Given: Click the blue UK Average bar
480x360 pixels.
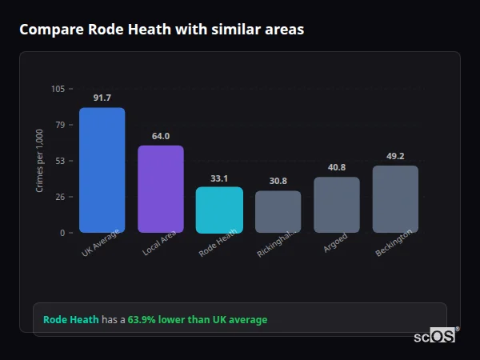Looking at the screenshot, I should pyautogui.click(x=102, y=170).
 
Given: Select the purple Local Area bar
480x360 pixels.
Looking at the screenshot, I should pyautogui.click(x=161, y=189).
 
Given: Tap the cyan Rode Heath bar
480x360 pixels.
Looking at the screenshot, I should pyautogui.click(x=219, y=210).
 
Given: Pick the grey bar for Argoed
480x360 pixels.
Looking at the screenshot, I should pyautogui.click(x=337, y=205).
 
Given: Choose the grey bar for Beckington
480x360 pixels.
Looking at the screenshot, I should pyautogui.click(x=395, y=199).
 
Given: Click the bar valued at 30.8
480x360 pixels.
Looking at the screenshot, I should pyautogui.click(x=278, y=212).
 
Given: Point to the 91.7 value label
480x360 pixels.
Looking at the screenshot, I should pyautogui.click(x=102, y=98).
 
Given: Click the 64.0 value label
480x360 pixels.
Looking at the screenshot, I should pyautogui.click(x=161, y=136).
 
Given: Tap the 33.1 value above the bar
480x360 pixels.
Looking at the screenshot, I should pyautogui.click(x=219, y=178).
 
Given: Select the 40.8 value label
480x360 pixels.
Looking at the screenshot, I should pyautogui.click(x=337, y=167).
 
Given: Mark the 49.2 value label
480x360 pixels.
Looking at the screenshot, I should pyautogui.click(x=395, y=156).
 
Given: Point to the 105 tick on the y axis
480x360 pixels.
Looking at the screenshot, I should pyautogui.click(x=58, y=89).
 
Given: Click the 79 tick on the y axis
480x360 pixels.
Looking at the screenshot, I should pyautogui.click(x=61, y=125).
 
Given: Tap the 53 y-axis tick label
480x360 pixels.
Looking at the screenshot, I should pyautogui.click(x=61, y=161).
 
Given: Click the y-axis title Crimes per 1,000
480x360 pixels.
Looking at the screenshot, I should pyautogui.click(x=40, y=161).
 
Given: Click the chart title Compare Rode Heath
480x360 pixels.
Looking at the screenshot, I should pyautogui.click(x=161, y=30).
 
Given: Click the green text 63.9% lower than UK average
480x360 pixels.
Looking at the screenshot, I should pyautogui.click(x=198, y=320).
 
